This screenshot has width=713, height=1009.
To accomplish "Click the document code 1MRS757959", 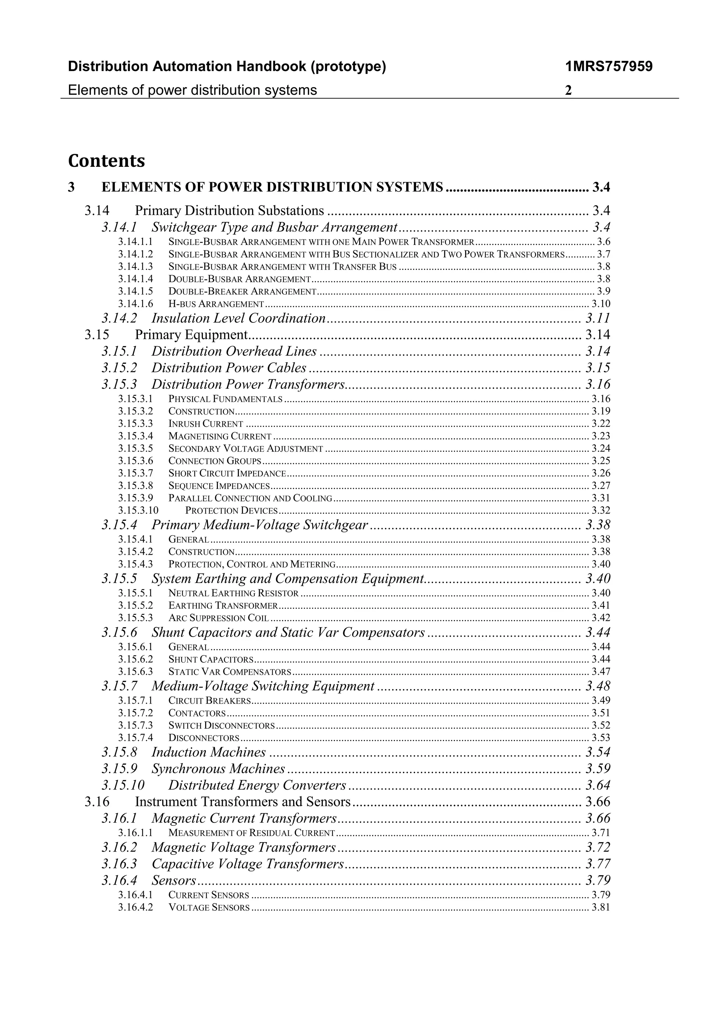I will point(609,67).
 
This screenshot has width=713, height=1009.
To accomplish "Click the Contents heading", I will point(106,161).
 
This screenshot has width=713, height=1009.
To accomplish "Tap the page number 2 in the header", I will point(568,91).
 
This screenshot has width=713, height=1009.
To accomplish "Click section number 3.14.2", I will point(119,318).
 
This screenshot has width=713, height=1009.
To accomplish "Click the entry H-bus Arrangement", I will point(216,304).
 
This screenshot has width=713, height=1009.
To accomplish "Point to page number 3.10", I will point(601,304).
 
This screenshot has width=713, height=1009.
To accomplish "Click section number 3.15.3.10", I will point(138,511).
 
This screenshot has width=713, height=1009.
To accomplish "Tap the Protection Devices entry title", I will point(231,511).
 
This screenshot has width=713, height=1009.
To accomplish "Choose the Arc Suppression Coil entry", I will point(218,618).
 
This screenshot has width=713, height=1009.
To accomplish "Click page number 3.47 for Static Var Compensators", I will point(601,672).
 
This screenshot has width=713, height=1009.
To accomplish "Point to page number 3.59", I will point(598,769).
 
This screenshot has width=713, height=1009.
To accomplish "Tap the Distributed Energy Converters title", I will point(257,785).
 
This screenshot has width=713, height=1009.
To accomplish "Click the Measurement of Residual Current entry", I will point(251,833).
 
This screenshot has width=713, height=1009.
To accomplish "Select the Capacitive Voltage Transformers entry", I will point(247,864).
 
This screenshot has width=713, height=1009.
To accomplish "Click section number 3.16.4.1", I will point(135,895).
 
